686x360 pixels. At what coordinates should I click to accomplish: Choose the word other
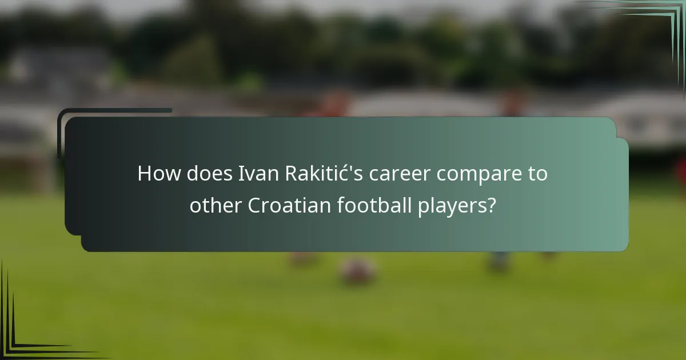[x=215, y=206]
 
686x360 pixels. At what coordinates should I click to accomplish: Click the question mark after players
[x=490, y=206]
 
